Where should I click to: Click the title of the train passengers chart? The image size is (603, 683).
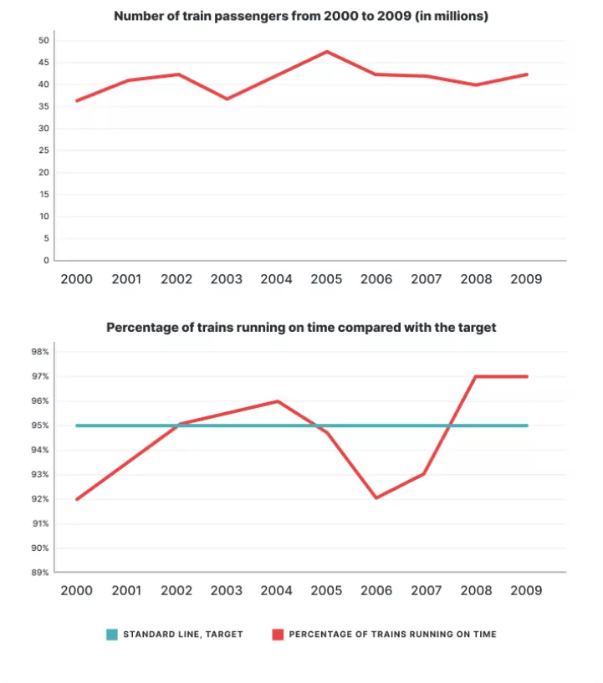pyautogui.click(x=301, y=16)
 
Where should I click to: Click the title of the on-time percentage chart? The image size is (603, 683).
pyautogui.click(x=301, y=328)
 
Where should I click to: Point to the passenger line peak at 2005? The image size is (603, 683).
pyautogui.click(x=326, y=52)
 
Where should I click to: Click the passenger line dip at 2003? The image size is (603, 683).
pyautogui.click(x=227, y=99)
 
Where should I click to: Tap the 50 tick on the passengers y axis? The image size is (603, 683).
pyautogui.click(x=44, y=40)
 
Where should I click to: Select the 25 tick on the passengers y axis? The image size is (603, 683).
pyautogui.click(x=44, y=150)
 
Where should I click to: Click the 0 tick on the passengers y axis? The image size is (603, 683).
pyautogui.click(x=47, y=260)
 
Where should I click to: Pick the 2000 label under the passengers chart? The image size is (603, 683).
pyautogui.click(x=77, y=279)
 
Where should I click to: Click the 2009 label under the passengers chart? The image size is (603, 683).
pyautogui.click(x=526, y=279)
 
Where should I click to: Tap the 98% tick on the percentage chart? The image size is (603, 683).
pyautogui.click(x=41, y=352)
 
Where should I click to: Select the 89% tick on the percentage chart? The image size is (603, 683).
pyautogui.click(x=41, y=573)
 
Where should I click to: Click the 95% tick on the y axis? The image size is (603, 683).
pyautogui.click(x=41, y=426)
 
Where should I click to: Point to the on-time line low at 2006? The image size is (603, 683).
pyautogui.click(x=376, y=498)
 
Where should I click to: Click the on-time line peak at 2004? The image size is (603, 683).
pyautogui.click(x=277, y=401)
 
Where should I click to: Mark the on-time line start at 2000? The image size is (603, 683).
pyautogui.click(x=77, y=499)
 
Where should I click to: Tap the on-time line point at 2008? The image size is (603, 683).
pyautogui.click(x=476, y=376)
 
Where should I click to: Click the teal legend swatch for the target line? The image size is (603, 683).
pyautogui.click(x=112, y=635)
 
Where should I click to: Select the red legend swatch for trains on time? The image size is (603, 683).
pyautogui.click(x=277, y=635)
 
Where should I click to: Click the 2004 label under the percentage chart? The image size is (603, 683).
pyautogui.click(x=277, y=590)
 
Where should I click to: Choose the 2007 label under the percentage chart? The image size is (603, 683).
pyautogui.click(x=426, y=590)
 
